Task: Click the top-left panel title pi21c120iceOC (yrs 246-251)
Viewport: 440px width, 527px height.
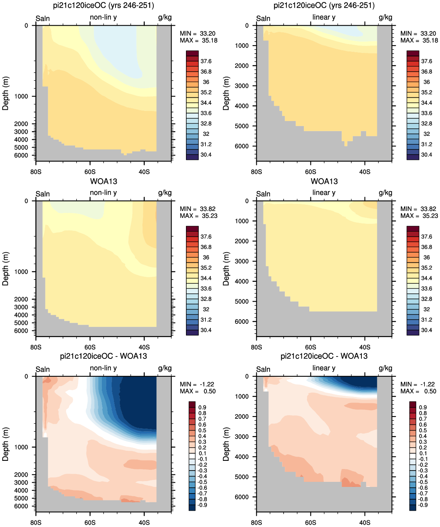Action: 103,5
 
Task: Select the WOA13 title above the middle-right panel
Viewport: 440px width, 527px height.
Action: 324,181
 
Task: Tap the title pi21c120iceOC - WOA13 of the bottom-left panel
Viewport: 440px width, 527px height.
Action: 103,356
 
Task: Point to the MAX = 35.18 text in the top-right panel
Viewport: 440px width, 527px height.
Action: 419,40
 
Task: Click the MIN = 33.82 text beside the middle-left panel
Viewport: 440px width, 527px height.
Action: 198,209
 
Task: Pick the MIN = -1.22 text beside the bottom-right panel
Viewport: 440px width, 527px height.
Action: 417,384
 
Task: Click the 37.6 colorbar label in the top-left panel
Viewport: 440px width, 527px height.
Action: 206,61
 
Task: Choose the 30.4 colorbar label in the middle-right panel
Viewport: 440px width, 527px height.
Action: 426,330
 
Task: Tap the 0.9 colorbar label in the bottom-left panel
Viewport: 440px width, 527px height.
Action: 202,408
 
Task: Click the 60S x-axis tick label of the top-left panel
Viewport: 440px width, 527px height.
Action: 90,172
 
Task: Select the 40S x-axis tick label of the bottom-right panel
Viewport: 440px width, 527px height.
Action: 365,522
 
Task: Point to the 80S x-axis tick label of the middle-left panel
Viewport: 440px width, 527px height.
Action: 36,347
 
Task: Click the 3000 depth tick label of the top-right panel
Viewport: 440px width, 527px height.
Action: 242,86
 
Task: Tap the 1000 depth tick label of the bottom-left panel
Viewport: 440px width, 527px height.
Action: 21,447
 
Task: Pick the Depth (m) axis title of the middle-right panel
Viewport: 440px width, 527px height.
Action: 226,269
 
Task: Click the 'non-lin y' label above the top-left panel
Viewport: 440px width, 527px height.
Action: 103,17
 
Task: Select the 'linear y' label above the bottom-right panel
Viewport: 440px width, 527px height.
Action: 324,368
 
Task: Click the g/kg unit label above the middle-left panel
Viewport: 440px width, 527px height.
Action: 165,193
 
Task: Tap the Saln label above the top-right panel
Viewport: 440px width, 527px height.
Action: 263,18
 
